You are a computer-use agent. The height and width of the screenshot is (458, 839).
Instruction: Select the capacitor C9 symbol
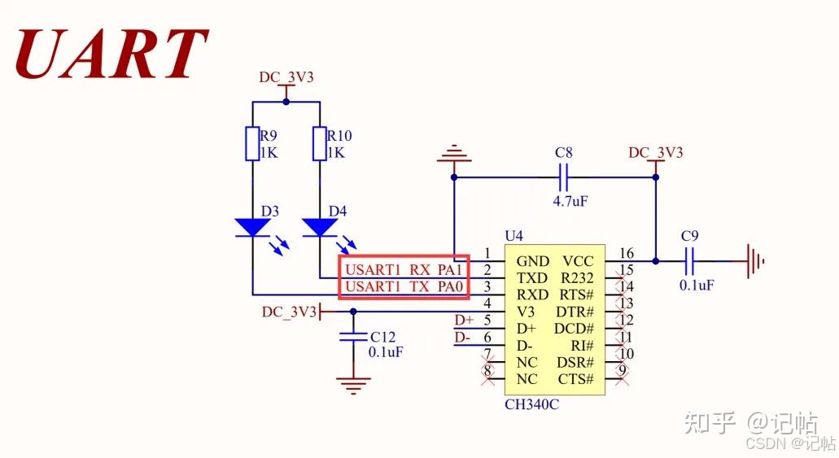pos(690,261)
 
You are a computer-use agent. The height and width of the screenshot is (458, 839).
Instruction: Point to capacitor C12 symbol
pos(352,337)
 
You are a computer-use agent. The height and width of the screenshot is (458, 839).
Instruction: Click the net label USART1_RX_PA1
pos(404,269)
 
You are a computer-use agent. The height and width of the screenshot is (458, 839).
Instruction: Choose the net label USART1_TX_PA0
pos(404,286)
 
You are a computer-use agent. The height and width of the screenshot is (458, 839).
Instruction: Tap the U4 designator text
pos(514,236)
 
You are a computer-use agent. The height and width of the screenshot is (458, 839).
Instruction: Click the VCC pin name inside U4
pos(578,261)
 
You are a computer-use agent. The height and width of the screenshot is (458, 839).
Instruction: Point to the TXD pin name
pos(531,278)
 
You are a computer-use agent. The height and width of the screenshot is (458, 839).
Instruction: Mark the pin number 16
pos(626,253)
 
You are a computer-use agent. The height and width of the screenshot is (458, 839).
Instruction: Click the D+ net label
pos(462,321)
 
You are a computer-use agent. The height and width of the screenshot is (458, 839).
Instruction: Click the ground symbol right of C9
pos(756,261)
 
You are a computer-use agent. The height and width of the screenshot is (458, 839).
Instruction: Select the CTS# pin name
pos(575,380)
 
